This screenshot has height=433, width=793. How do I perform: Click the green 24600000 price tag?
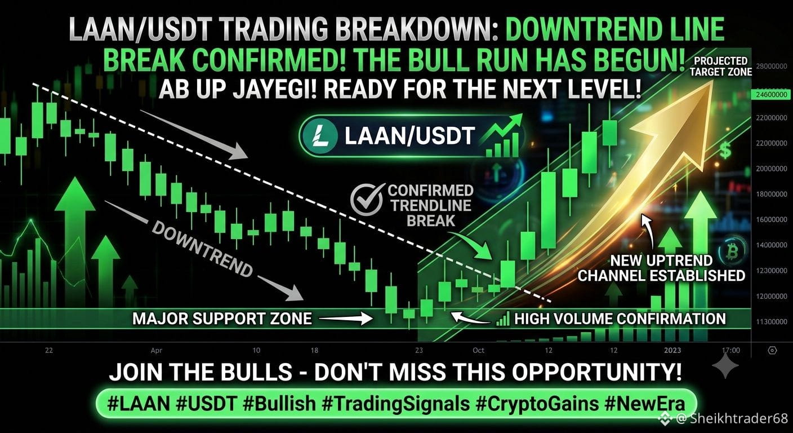point(772,95)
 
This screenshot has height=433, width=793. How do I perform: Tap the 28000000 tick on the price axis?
point(772,67)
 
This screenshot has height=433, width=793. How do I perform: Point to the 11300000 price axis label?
point(772,322)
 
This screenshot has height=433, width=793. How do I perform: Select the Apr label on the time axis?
point(157,351)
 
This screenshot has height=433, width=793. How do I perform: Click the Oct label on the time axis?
point(478,351)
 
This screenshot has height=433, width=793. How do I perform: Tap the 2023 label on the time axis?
point(672,351)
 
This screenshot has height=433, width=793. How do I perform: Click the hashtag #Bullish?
point(279,404)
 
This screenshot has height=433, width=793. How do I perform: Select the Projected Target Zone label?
point(721,67)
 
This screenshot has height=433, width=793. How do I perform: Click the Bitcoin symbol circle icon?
point(733,252)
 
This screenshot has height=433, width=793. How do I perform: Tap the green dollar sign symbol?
point(725,150)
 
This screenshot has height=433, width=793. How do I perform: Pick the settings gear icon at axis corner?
point(773,351)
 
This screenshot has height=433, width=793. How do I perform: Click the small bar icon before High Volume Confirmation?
point(503,319)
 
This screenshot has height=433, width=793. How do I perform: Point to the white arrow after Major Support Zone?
point(345,319)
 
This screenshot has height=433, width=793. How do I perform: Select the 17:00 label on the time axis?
point(731,351)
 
